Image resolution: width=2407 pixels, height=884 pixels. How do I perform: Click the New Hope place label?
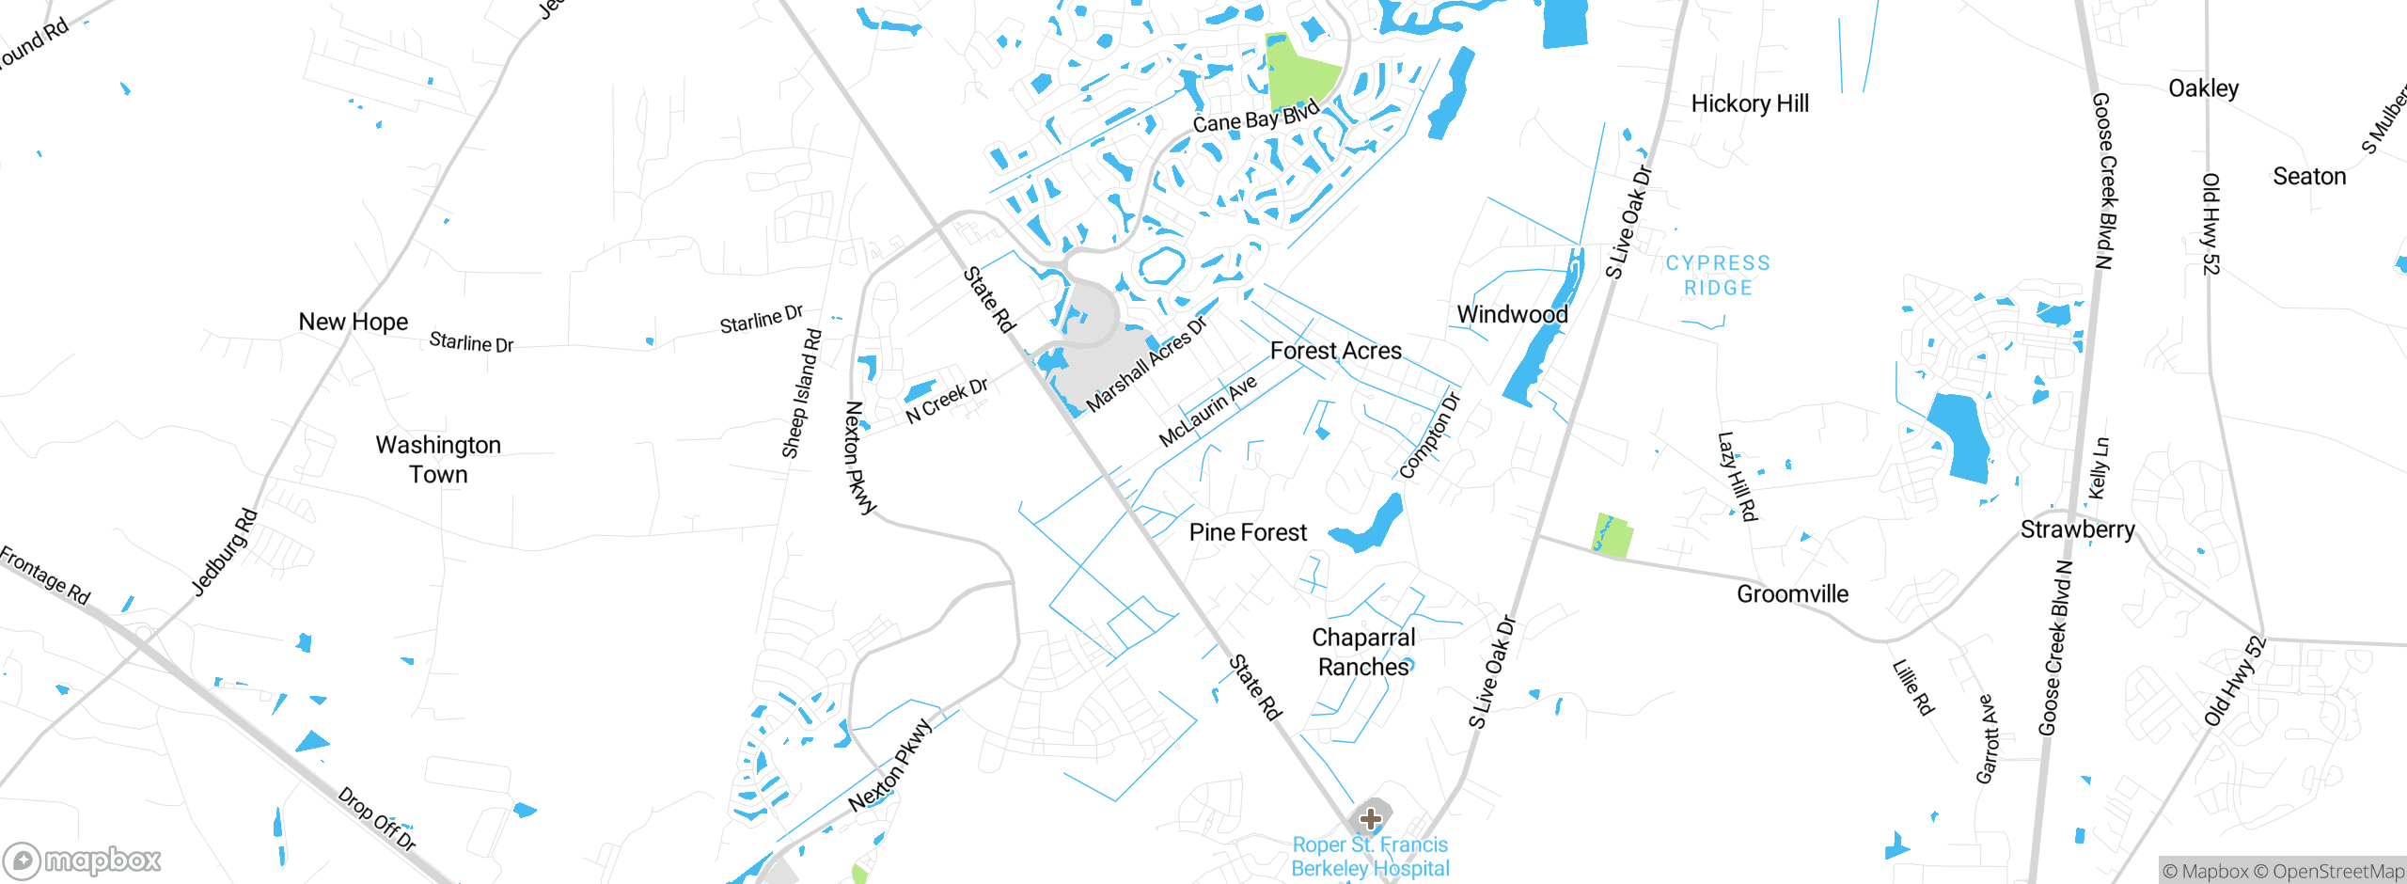pos(353,322)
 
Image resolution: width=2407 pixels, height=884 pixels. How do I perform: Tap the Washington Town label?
pos(438,459)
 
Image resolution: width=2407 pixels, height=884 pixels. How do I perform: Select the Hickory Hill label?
pos(1749,103)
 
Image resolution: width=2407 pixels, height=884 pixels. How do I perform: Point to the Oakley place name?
pos(2203,88)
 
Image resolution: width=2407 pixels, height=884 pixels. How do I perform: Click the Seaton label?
pos(2308,177)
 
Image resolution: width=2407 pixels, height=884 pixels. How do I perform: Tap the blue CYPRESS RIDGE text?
pos(1718,276)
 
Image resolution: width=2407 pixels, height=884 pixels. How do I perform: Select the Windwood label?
pos(1512,314)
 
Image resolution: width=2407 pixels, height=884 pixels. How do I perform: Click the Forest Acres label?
pos(1335,351)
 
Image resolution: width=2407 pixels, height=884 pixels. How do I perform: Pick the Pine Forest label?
pos(1247,532)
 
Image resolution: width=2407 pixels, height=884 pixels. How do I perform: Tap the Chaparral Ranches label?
pos(1363,652)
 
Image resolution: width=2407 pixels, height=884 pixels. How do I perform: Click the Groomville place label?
pos(1791,593)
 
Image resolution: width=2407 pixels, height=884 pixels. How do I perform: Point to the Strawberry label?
pos(2077,529)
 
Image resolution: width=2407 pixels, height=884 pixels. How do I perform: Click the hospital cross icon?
pos(1370,818)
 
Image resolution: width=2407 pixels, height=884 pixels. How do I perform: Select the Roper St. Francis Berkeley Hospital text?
pos(1370,857)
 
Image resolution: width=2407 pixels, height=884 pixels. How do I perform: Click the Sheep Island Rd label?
pos(801,394)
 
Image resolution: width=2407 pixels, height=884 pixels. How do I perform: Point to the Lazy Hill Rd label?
pos(1737,476)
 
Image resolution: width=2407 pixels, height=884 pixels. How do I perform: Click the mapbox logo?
pos(83,860)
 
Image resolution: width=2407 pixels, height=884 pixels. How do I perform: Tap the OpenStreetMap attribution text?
pos(2336,872)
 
